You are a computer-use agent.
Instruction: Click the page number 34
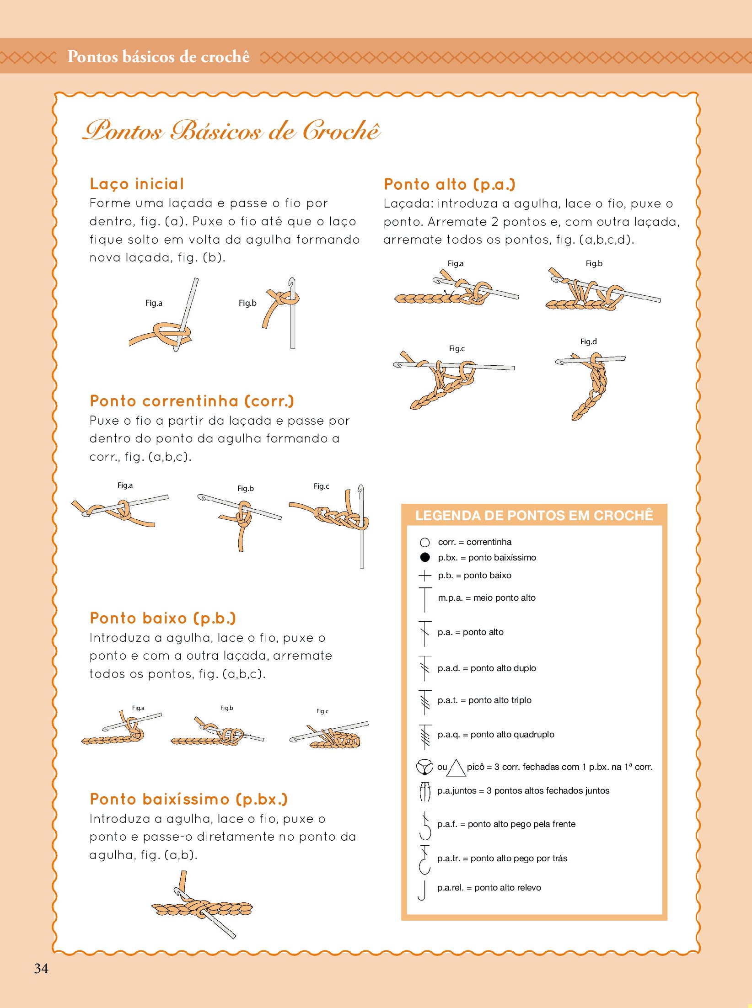pos(41,968)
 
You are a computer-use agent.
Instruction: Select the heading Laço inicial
pos(137,184)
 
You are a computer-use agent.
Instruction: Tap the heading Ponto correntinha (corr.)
pos(192,401)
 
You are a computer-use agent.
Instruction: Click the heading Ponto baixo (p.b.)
pos(163,618)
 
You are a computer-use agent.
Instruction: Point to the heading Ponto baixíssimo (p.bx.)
pos(188,799)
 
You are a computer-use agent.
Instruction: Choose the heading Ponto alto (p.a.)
pos(450,184)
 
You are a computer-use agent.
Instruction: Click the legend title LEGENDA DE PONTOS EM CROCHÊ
pos(534,515)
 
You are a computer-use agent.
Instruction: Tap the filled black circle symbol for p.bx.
pos(425,557)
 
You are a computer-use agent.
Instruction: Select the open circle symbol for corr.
pos(425,542)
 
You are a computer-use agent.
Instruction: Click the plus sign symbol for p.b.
pos(425,576)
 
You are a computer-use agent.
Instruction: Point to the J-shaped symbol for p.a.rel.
pos(423,891)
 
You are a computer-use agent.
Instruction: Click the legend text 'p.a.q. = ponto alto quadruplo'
pos(496,734)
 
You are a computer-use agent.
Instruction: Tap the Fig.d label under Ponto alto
pos(588,341)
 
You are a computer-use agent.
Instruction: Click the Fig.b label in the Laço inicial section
pos(247,303)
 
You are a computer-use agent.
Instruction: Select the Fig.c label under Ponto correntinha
pos(321,486)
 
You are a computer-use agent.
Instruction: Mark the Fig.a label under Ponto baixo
pos(138,708)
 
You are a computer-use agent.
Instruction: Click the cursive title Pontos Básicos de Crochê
pos(231,130)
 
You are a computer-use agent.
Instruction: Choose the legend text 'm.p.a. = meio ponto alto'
pos(487,597)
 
